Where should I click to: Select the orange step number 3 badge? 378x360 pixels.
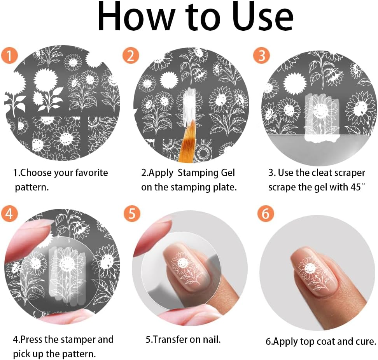pyautogui.click(x=261, y=56)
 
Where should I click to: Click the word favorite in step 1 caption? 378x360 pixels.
pyautogui.click(x=89, y=173)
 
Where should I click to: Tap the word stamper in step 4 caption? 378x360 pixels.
pyautogui.click(x=76, y=339)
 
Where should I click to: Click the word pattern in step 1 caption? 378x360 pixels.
pyautogui.click(x=31, y=187)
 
